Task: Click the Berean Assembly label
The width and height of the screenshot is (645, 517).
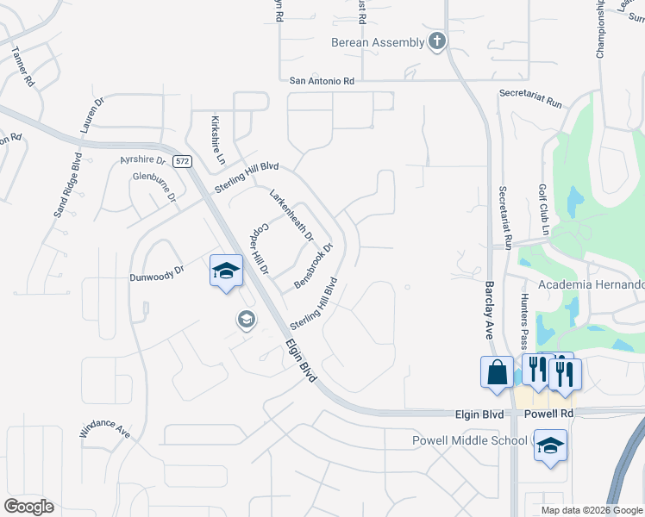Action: [x=378, y=42]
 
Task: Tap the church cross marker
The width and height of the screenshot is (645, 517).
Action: [x=437, y=40]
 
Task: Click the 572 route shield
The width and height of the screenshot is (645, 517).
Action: [x=181, y=161]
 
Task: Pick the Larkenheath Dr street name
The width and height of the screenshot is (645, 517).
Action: [x=291, y=215]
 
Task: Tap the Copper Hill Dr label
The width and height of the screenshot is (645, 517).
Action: [x=260, y=249]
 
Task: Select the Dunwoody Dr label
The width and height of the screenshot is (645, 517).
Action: [x=157, y=274]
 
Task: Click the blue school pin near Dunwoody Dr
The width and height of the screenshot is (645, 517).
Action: [x=226, y=272]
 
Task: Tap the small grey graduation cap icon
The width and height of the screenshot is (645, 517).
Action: [x=246, y=321]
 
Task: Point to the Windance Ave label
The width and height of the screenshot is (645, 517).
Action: [x=104, y=429]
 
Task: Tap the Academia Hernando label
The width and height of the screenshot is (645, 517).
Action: [x=592, y=285]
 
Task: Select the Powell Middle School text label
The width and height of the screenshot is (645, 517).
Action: [x=469, y=440]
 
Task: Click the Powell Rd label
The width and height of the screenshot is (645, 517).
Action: [x=548, y=414]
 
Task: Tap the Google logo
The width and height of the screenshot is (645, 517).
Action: [x=28, y=507]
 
